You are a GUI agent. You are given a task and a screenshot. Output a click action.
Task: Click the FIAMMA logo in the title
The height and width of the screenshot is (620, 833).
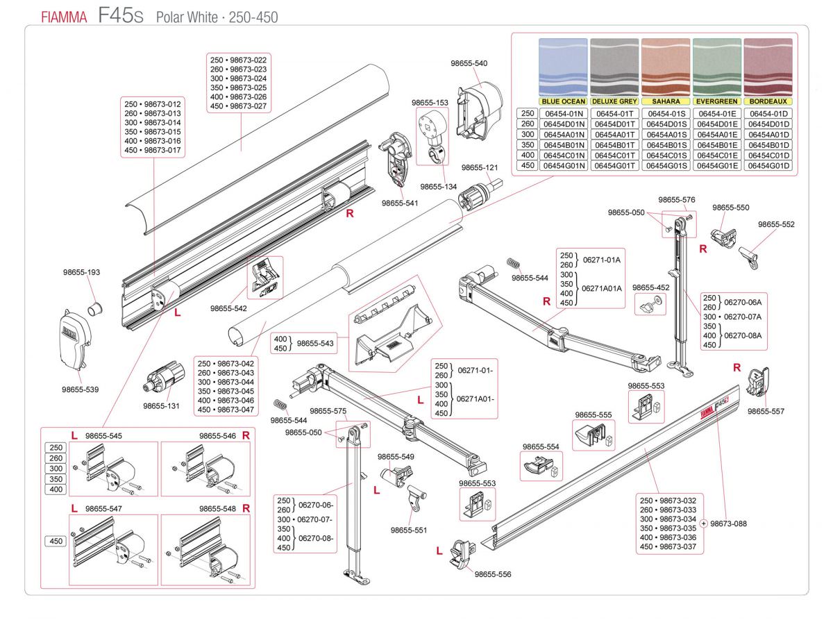click(x=63, y=17)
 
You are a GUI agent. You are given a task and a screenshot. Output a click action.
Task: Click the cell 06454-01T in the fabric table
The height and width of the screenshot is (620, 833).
click(x=615, y=113)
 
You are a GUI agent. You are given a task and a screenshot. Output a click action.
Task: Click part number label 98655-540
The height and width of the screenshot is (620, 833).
click(x=469, y=63)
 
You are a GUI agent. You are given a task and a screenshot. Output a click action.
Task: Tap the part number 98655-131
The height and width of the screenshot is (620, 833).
click(x=160, y=406)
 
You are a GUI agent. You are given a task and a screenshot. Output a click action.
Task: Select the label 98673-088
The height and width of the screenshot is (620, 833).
click(x=728, y=523)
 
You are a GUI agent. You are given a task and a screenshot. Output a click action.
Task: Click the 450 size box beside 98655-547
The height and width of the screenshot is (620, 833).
click(x=56, y=541)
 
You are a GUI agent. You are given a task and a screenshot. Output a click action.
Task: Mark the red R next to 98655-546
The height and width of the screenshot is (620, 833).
click(x=246, y=435)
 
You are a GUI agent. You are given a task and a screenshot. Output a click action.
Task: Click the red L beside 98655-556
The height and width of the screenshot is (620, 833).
click(x=439, y=551)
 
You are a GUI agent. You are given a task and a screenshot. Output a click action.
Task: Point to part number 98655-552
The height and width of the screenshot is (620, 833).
click(x=776, y=224)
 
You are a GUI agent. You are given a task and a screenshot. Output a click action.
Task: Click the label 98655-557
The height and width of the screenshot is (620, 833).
click(x=766, y=411)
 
